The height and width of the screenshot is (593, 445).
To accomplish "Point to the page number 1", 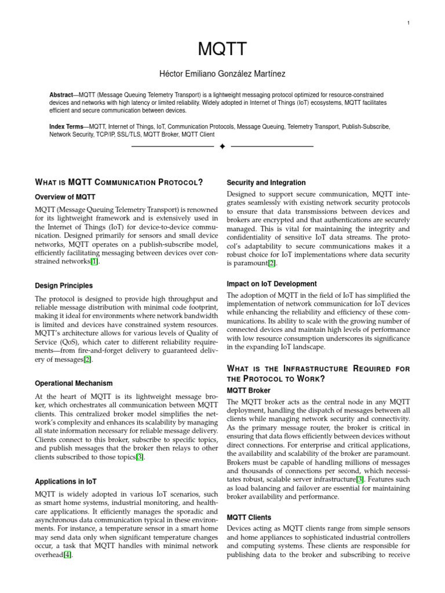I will click(409, 23).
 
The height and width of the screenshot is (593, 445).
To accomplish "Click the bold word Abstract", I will click(61, 94).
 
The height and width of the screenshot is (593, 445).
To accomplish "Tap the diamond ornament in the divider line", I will click(222, 147).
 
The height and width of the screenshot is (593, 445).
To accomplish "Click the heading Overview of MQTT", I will click(65, 197).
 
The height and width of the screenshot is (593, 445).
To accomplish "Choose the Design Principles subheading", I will click(64, 285).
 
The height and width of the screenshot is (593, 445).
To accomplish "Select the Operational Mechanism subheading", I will click(74, 383).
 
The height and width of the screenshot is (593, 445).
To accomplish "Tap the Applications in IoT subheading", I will click(67, 481).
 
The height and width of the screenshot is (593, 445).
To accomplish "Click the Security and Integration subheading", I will click(266, 182).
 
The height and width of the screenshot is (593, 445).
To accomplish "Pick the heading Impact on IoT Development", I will click(272, 284).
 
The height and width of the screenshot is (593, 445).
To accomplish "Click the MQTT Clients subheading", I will click(249, 517).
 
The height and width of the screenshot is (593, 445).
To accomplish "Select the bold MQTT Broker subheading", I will click(249, 390).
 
